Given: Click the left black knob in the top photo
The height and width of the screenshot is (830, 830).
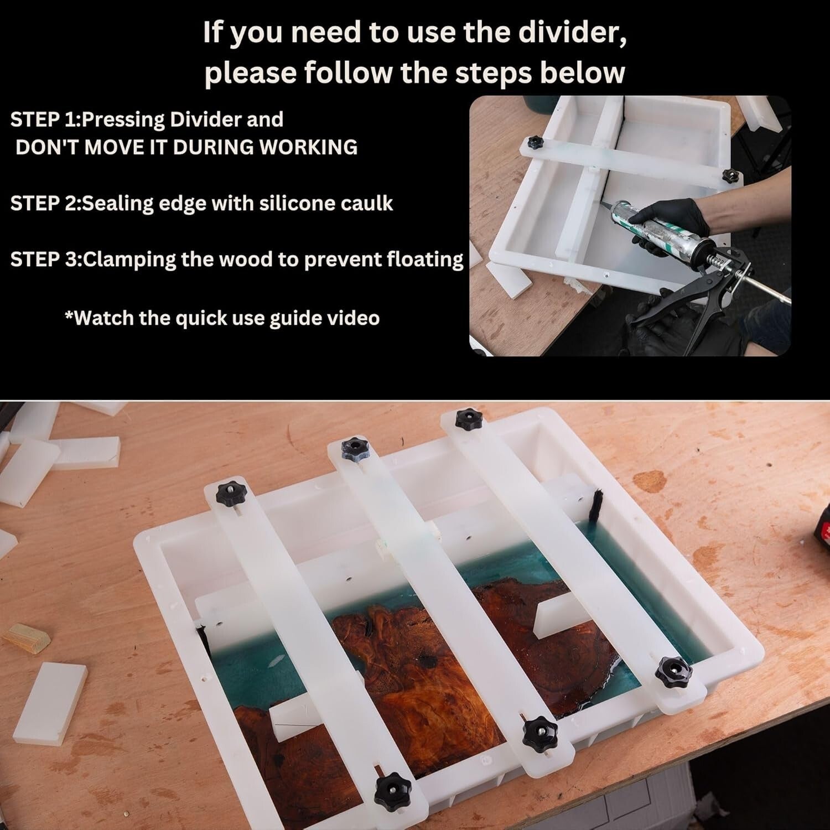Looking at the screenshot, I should [x=535, y=143].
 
